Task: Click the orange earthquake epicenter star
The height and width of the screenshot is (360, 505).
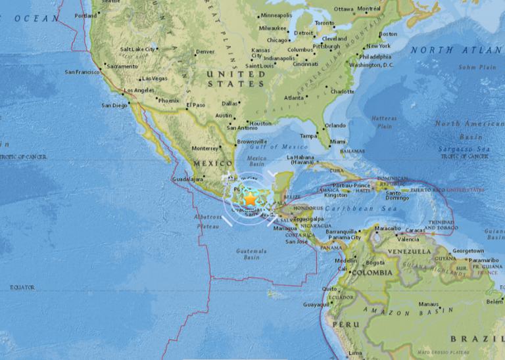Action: coord(251,200)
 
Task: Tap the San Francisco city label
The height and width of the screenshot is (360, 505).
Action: coord(82,72)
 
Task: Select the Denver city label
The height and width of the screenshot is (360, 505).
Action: coord(205,52)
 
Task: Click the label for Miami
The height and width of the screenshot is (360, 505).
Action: coord(339,142)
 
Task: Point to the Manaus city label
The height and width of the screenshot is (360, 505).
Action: coord(429,305)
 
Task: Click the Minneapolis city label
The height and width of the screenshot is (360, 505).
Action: coord(276,15)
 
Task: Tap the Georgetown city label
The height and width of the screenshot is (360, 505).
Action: coord(468,251)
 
